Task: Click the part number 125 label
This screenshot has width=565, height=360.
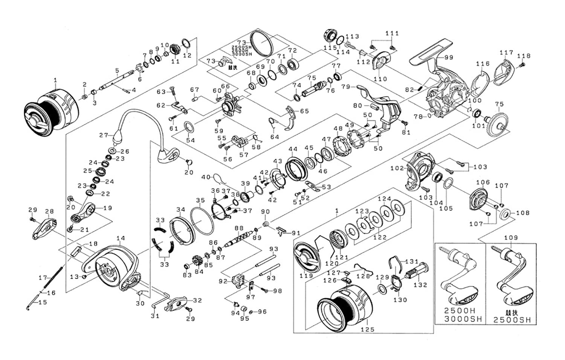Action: pyautogui.click(x=367, y=329)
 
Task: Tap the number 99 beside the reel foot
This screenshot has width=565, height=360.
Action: pyautogui.click(x=449, y=58)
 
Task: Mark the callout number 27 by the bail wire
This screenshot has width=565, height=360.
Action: pyautogui.click(x=104, y=135)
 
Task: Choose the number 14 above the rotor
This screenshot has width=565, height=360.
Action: pyautogui.click(x=121, y=238)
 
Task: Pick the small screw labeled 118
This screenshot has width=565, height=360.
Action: pyautogui.click(x=522, y=65)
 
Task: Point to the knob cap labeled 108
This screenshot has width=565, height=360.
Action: pyautogui.click(x=506, y=214)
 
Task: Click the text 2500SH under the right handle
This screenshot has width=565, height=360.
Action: pyautogui.click(x=512, y=320)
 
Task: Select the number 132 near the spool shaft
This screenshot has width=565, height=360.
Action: pyautogui.click(x=420, y=285)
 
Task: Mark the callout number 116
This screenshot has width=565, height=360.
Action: pyautogui.click(x=483, y=64)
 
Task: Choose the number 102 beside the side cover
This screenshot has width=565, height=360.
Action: pyautogui.click(x=397, y=168)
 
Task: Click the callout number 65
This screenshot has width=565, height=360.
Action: pyautogui.click(x=304, y=111)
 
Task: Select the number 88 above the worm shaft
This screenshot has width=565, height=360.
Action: pyautogui.click(x=239, y=228)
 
